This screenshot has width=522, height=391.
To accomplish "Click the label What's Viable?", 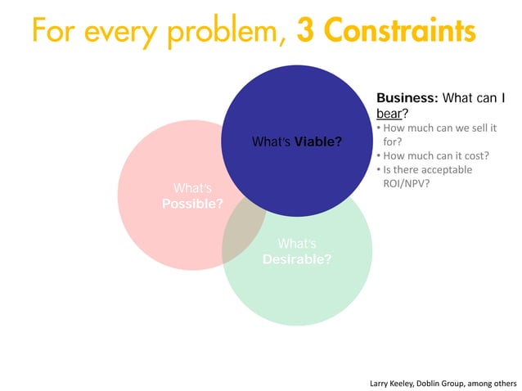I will point(297,143).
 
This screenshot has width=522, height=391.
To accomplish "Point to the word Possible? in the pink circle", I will point(191,203).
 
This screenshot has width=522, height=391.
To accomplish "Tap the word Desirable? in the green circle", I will point(296,259).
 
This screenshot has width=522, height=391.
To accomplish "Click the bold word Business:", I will point(407,99).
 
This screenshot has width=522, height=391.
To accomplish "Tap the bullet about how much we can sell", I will point(438,128).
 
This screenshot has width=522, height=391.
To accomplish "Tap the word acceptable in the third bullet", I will point(447,170).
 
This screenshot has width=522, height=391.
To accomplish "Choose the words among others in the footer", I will point(497,382).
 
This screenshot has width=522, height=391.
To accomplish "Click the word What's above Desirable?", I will point(296,244).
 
